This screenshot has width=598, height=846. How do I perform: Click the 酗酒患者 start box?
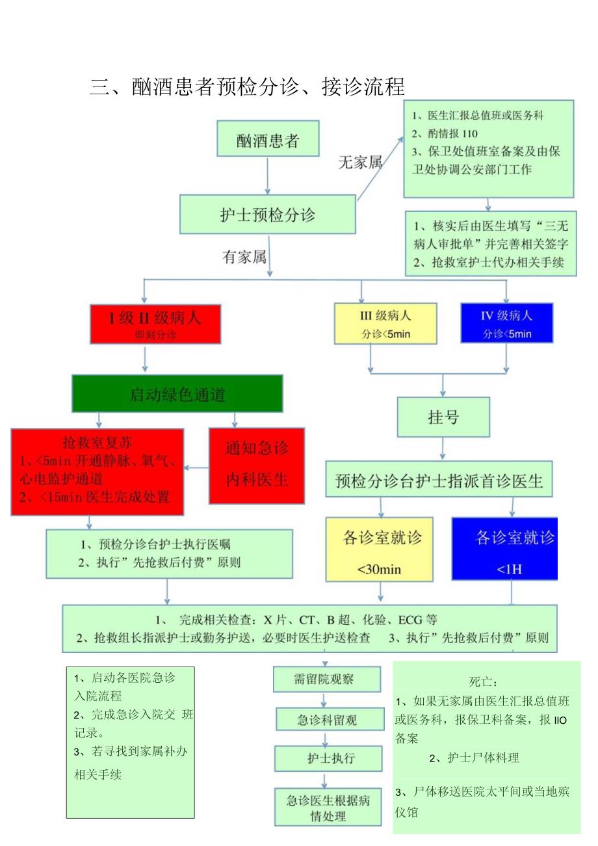click(x=268, y=138)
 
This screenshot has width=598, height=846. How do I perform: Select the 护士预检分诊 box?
click(x=268, y=214)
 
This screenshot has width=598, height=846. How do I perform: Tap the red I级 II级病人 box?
click(x=155, y=323)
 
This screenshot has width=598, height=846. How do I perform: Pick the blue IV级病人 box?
click(x=506, y=323)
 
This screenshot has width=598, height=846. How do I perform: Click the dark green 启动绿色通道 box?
click(x=177, y=393)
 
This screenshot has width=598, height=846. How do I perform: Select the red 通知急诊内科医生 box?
click(x=257, y=465)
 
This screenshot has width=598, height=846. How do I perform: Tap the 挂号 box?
click(x=443, y=417)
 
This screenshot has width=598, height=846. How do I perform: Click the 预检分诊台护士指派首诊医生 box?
click(x=439, y=481)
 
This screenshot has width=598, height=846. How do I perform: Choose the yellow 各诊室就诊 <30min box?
click(x=380, y=549)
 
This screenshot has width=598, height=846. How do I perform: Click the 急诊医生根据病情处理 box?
click(x=328, y=808)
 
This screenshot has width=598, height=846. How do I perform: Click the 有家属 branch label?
click(x=245, y=258)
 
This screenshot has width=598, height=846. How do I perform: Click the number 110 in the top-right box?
click(x=469, y=134)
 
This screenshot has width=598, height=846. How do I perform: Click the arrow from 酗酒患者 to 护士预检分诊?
click(x=268, y=175)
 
